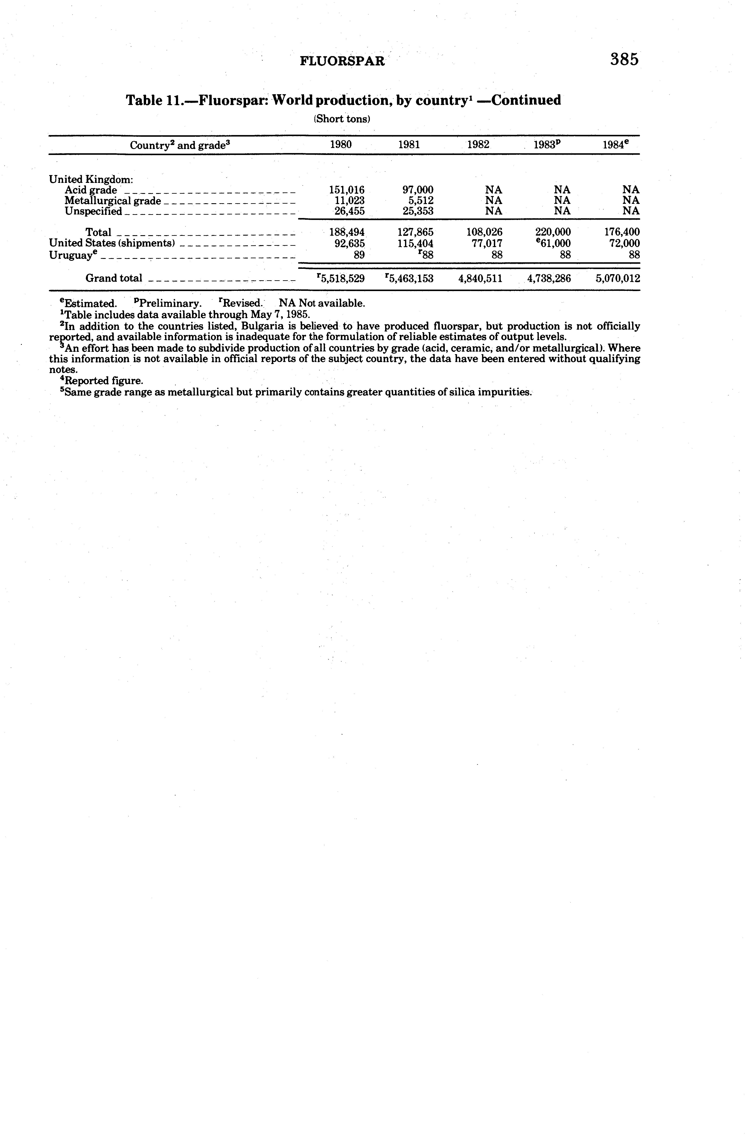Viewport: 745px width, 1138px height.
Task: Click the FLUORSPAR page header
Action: (x=342, y=61)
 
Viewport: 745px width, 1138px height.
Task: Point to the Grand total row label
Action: (x=114, y=278)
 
